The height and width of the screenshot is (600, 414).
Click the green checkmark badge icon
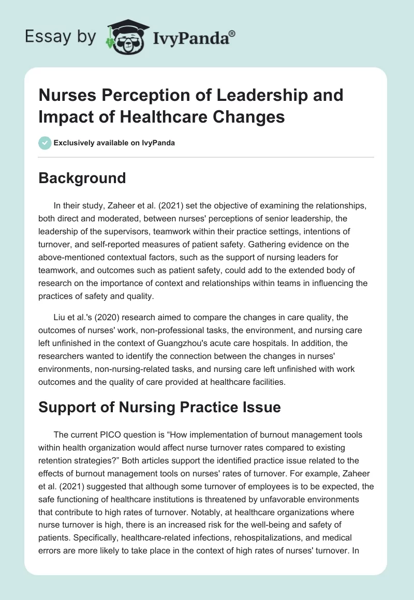coord(45,143)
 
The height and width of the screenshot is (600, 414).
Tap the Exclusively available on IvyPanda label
coord(114,143)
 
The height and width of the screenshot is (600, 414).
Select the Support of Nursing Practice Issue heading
coord(160,407)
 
